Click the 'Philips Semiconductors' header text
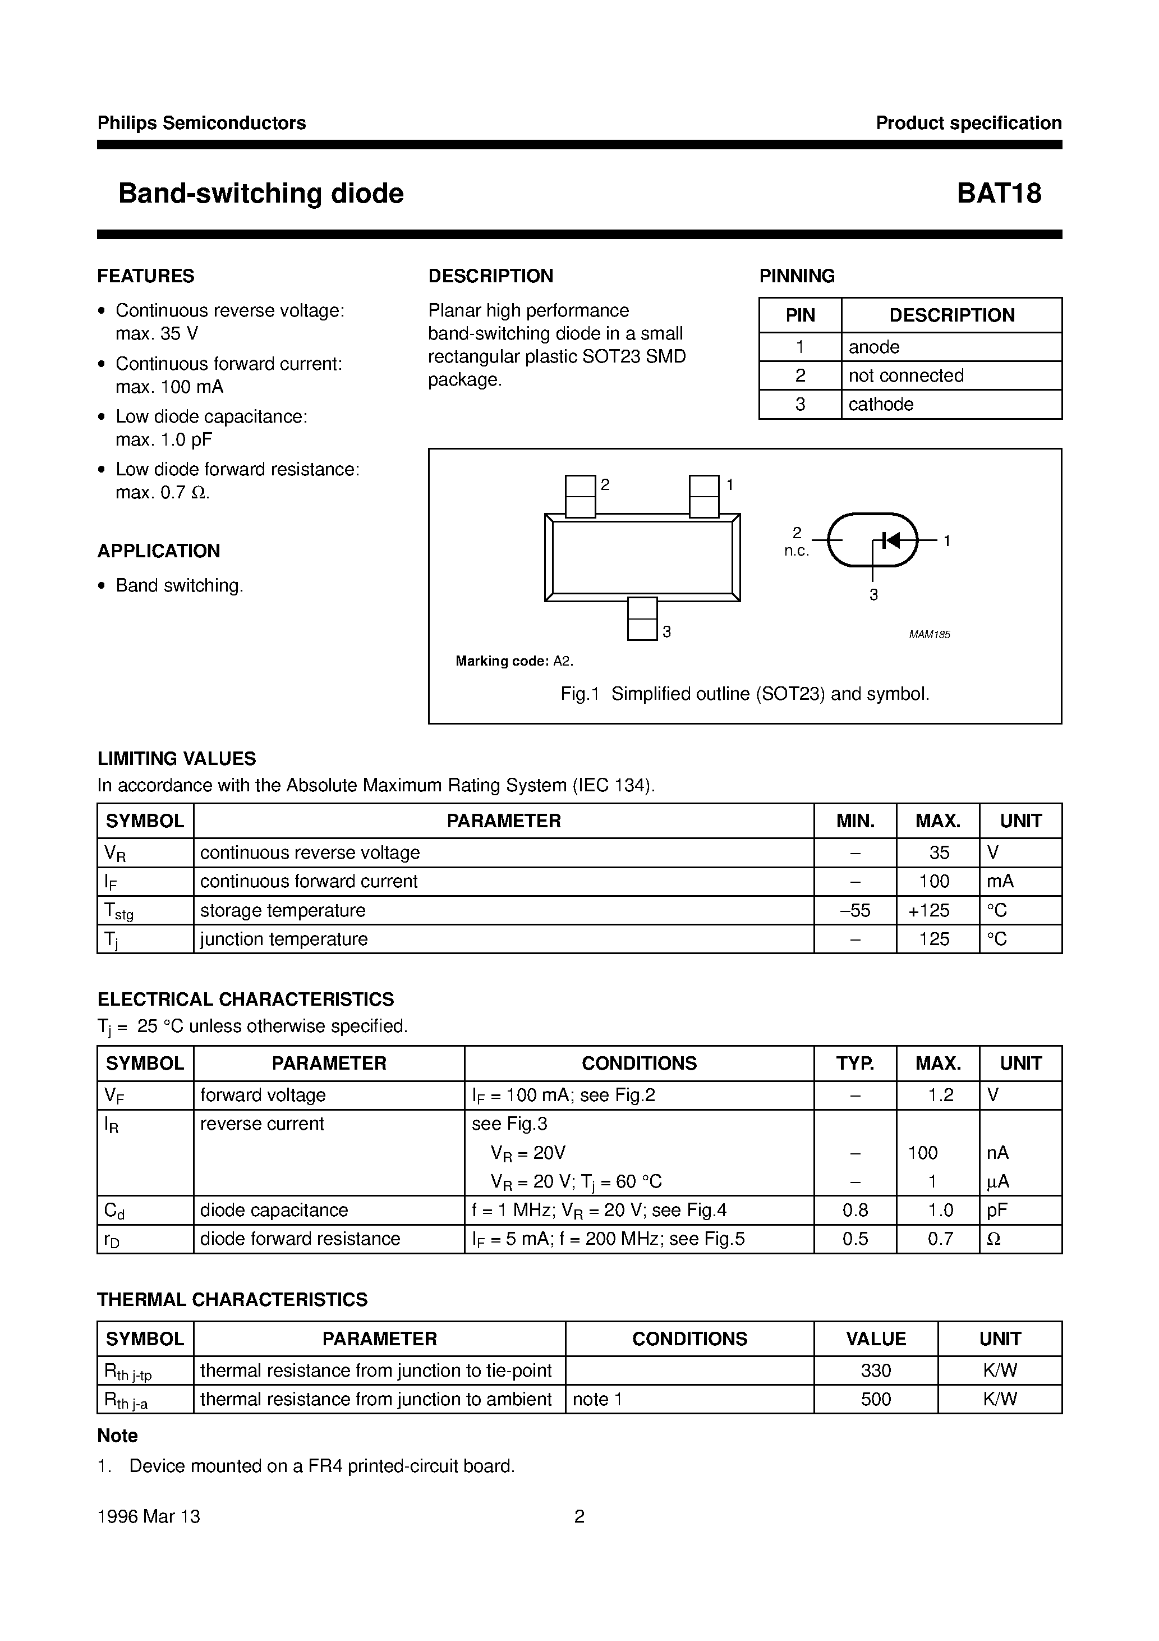pyautogui.click(x=201, y=123)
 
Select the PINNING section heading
pyautogui.click(x=796, y=276)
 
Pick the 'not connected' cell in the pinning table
pyautogui.click(x=905, y=376)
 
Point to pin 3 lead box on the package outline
pyautogui.click(x=642, y=619)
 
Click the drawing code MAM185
pyautogui.click(x=929, y=635)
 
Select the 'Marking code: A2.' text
pyautogui.click(x=514, y=661)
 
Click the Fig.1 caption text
pyautogui.click(x=744, y=694)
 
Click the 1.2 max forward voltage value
pyautogui.click(x=940, y=1095)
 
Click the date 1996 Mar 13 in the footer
pyautogui.click(x=149, y=1516)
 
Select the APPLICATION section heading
pyautogui.click(x=159, y=551)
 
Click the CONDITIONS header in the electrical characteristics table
pyautogui.click(x=639, y=1064)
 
